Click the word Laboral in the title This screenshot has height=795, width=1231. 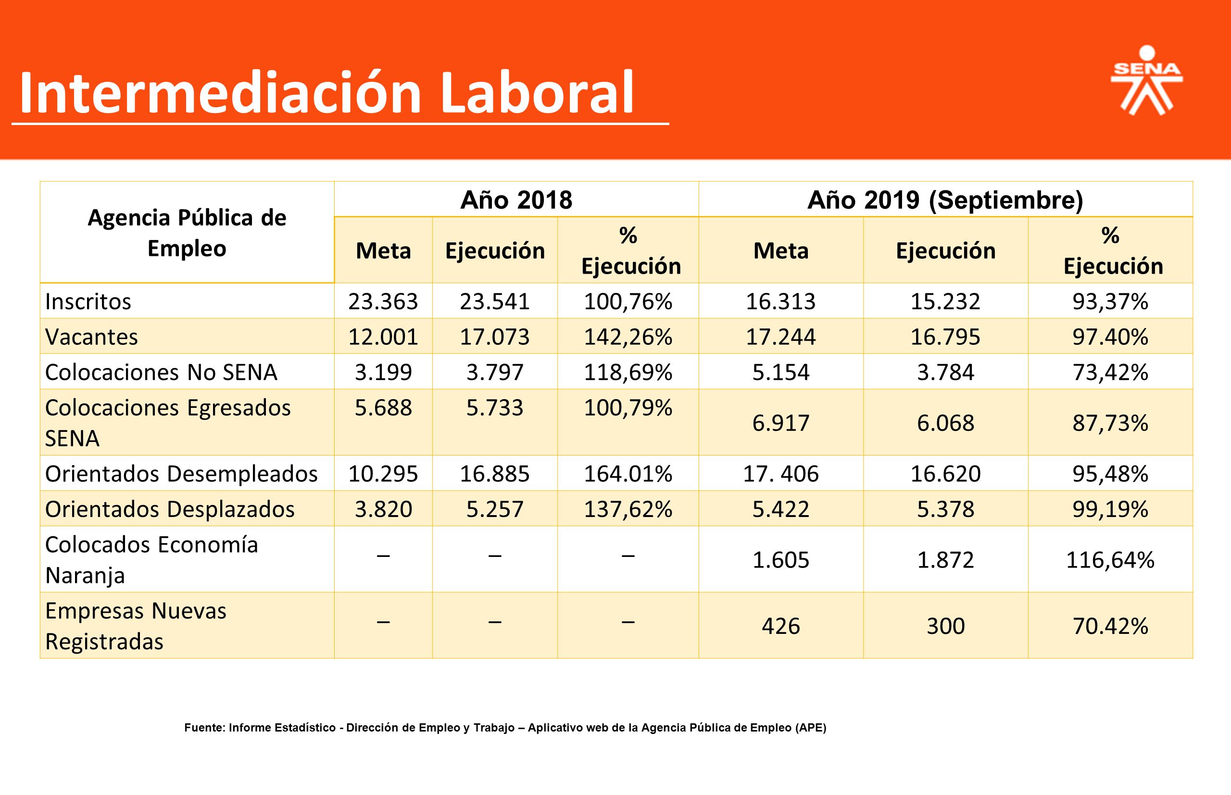point(537,93)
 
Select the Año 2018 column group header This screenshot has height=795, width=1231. point(516,200)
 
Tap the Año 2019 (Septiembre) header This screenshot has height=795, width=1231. point(945,200)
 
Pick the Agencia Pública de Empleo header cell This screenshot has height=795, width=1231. point(187,233)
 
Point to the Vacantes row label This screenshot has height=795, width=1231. point(91,337)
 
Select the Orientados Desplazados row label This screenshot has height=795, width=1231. point(170,509)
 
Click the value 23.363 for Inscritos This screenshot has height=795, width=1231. point(383,302)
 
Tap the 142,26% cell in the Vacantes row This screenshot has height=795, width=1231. point(628,337)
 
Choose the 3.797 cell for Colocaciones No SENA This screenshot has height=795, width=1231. point(495,372)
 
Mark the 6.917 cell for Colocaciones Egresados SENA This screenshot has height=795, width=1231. point(781,423)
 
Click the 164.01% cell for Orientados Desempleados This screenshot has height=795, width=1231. point(628,473)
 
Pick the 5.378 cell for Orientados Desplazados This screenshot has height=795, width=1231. point(945,509)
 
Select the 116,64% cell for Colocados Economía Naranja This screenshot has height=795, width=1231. point(1110,560)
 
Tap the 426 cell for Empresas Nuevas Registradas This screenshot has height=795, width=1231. point(781,626)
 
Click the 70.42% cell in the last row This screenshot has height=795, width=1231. point(1110,626)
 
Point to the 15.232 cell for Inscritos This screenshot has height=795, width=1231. point(945,302)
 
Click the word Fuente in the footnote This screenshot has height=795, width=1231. point(204,728)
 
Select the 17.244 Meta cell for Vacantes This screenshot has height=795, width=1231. point(781,337)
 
